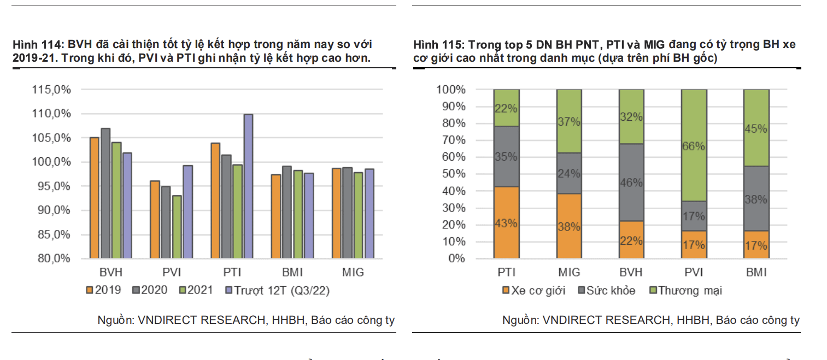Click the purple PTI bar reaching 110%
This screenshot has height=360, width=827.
point(248,186)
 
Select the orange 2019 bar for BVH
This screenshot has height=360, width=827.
point(94,198)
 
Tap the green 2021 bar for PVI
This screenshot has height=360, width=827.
point(177,227)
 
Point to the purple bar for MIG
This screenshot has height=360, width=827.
point(369,214)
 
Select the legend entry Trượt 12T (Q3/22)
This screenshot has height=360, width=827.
point(277,290)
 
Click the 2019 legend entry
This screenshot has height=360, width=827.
point(103,290)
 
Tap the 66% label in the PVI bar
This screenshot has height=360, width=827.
point(694,146)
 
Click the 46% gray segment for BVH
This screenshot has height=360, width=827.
point(631,182)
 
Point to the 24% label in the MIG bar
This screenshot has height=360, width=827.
point(569,174)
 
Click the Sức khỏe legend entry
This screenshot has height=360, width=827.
point(607,291)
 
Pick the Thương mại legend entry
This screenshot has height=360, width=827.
point(685,291)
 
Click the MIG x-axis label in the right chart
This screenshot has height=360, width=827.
point(569,272)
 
